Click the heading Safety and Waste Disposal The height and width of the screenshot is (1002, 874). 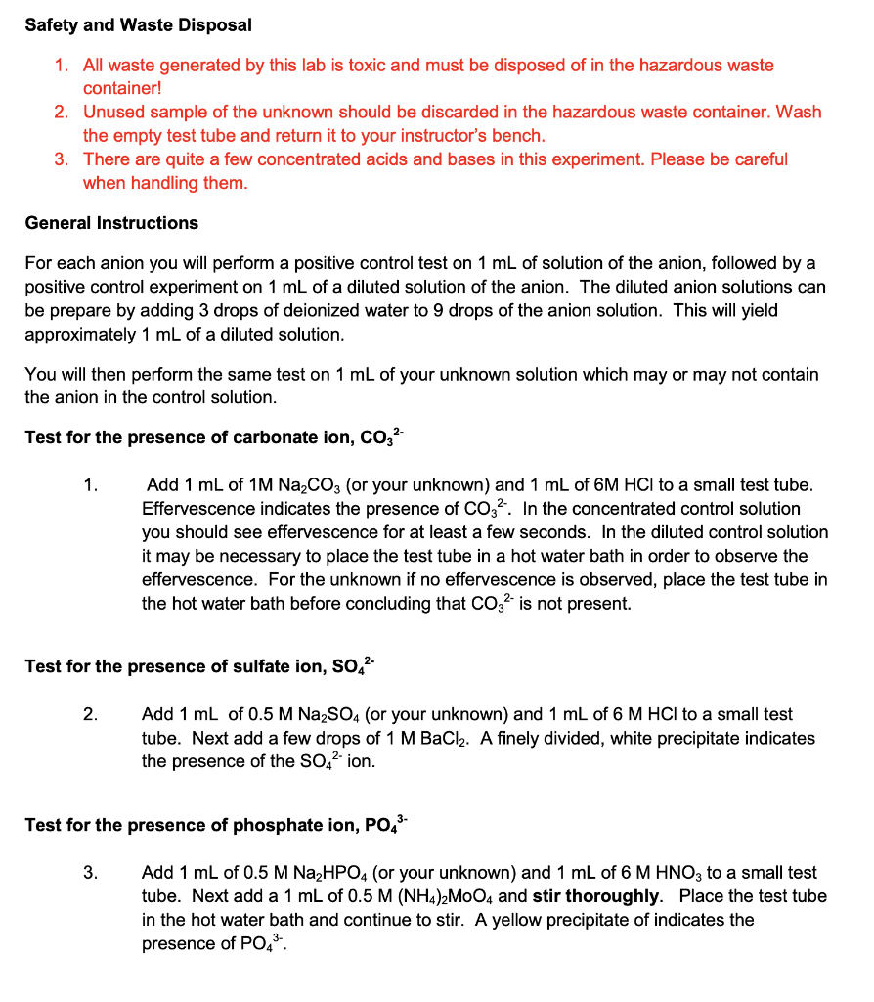coord(138,25)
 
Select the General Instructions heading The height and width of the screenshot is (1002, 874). coord(111,223)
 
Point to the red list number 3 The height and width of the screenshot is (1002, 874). coord(62,159)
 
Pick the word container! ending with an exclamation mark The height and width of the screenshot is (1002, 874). coord(121,88)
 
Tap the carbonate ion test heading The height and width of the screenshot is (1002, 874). coord(213,437)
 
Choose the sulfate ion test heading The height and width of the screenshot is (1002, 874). coord(200,667)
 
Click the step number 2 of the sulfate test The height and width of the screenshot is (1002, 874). coord(89,715)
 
